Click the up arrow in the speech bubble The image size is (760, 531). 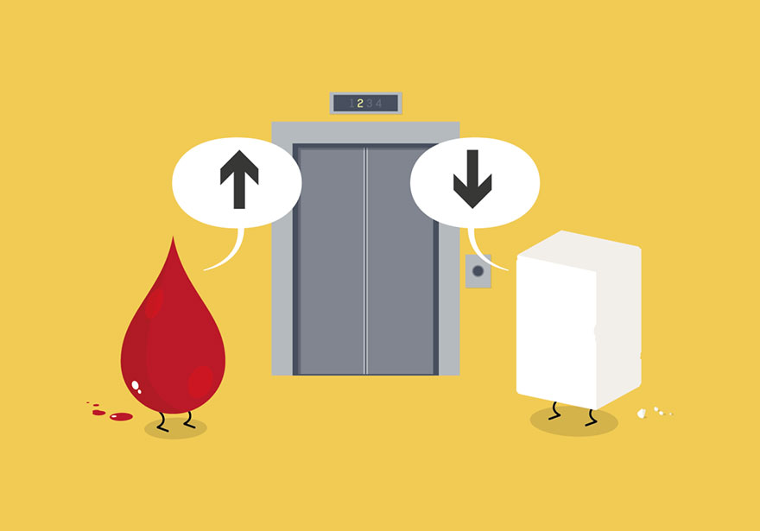click(239, 180)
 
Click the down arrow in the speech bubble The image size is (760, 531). click(472, 180)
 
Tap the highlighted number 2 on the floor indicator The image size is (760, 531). click(360, 104)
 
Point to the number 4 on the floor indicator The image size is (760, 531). click(378, 104)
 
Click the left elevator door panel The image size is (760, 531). click(332, 259)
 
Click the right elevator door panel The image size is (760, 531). click(401, 259)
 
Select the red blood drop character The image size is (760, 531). click(172, 345)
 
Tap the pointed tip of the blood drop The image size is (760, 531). click(174, 242)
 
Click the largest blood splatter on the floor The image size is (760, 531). click(121, 417)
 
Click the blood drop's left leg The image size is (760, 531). click(161, 420)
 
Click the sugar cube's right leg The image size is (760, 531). click(591, 416)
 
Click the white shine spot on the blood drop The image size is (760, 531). click(136, 385)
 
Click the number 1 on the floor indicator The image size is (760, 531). click(351, 104)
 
